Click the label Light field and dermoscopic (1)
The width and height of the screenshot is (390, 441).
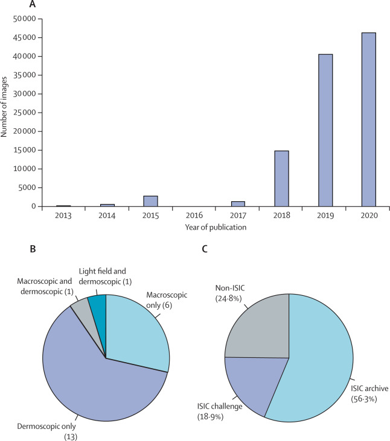click(x=112, y=275)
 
